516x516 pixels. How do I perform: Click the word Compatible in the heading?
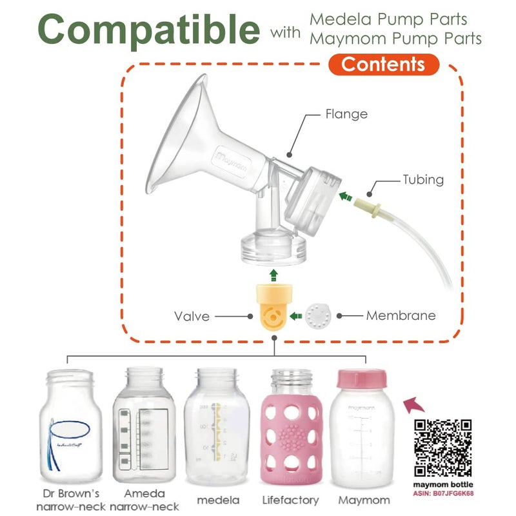point(148,29)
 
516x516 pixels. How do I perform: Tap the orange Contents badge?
point(383,64)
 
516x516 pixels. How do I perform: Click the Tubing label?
point(423,179)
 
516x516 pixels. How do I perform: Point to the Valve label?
point(192,316)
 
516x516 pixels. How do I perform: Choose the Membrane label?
point(401,316)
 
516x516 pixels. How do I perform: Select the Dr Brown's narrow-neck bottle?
point(70,429)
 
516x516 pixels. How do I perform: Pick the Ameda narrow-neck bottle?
point(144,426)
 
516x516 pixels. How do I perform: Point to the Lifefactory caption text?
point(290,500)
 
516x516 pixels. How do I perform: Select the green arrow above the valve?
point(273,276)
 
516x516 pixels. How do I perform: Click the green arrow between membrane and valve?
point(296,316)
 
